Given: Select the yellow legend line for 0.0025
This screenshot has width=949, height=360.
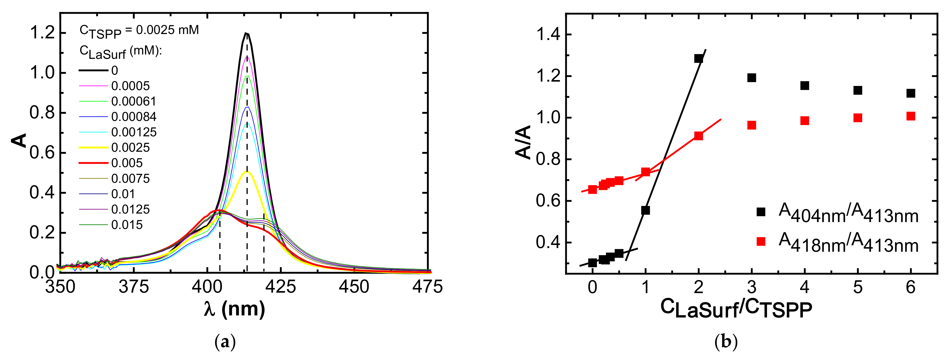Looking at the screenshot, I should [94, 147].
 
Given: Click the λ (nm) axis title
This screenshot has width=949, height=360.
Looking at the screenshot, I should [234, 309].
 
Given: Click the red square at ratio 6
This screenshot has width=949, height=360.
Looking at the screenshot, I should [911, 116].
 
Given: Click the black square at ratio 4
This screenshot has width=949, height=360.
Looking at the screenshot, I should [805, 86].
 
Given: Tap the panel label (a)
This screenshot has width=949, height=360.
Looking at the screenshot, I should [225, 342].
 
